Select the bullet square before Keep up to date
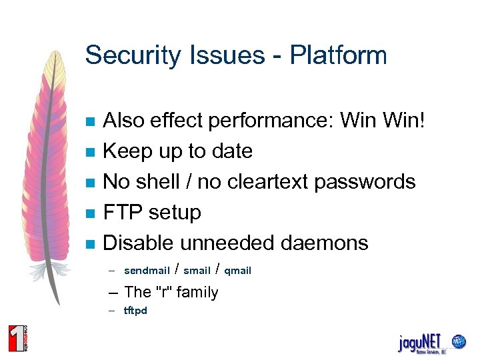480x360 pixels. [x=91, y=153]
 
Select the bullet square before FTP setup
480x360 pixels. [x=91, y=214]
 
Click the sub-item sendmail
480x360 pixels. [x=146, y=271]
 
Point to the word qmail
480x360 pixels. [x=237, y=271]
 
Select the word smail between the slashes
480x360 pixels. [x=197, y=271]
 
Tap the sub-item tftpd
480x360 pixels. [x=135, y=311]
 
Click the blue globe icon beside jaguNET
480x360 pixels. [x=458, y=341]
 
